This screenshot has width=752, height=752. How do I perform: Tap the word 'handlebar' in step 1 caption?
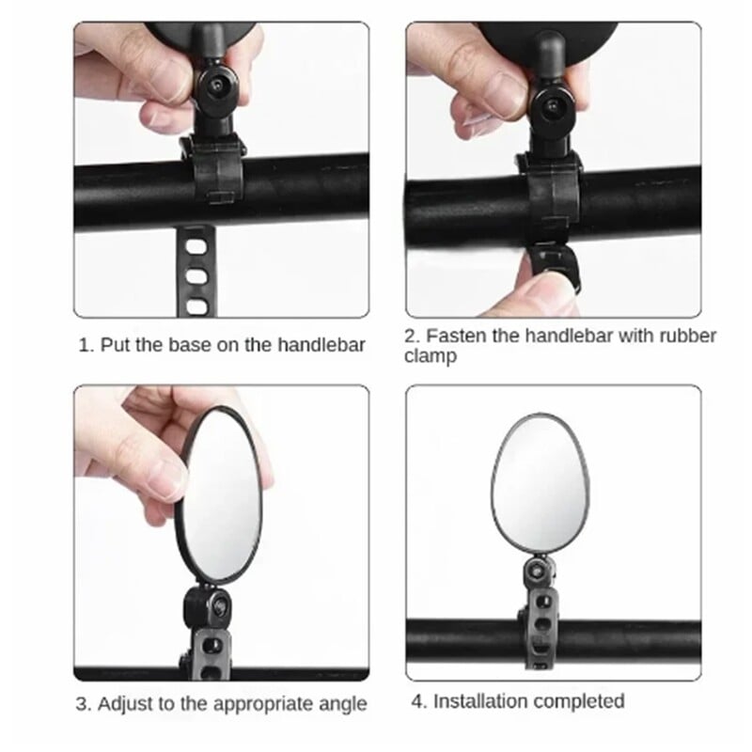pyautogui.click(x=321, y=345)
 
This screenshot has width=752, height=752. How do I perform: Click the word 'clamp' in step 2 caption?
pyautogui.click(x=431, y=356)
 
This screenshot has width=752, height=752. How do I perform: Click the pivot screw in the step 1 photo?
pyautogui.click(x=217, y=86)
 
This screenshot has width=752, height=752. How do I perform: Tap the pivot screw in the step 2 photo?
pyautogui.click(x=552, y=105)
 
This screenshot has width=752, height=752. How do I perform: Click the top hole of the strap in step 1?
pyautogui.click(x=196, y=247)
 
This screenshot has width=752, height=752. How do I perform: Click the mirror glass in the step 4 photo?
pyautogui.click(x=540, y=484)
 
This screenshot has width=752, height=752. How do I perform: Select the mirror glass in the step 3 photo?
pyautogui.click(x=221, y=494)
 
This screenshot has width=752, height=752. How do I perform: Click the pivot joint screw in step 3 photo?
pyautogui.click(x=219, y=607)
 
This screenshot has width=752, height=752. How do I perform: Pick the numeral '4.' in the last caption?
pyautogui.click(x=419, y=701)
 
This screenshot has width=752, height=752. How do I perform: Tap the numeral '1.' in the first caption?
pyautogui.click(x=86, y=345)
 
